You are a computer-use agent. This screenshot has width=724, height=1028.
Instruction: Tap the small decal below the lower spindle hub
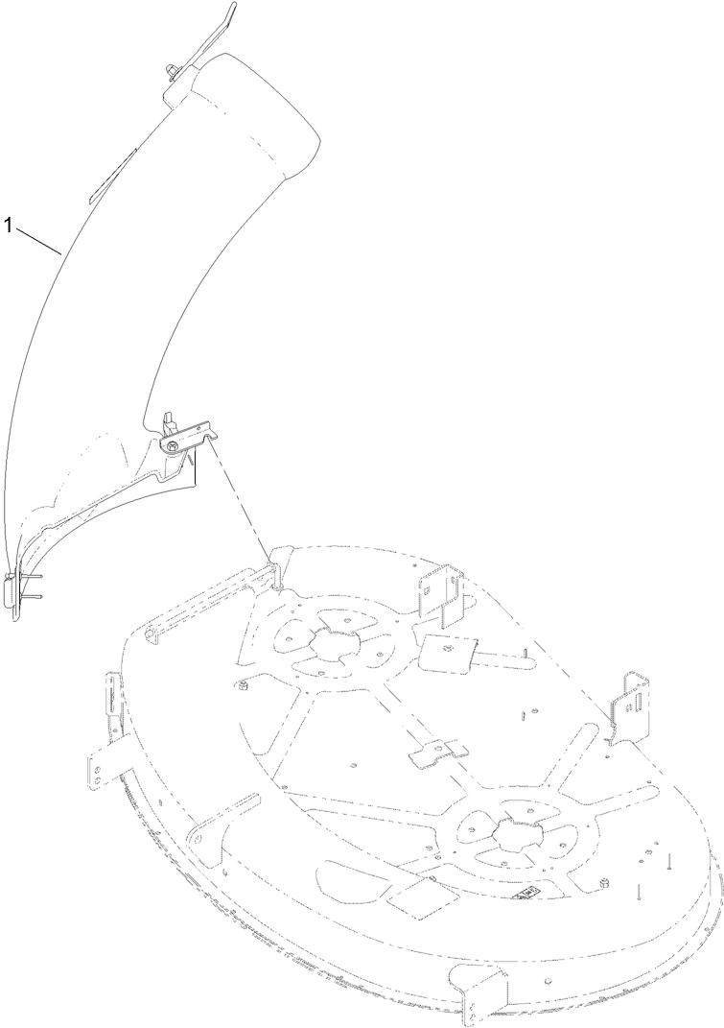[x=526, y=893]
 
